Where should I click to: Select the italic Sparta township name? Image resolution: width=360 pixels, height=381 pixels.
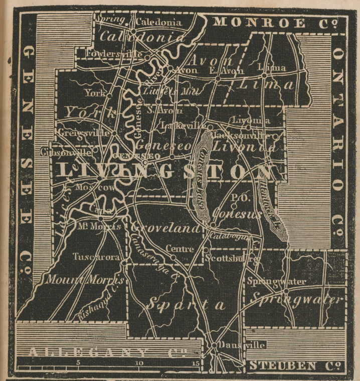tap(184, 304)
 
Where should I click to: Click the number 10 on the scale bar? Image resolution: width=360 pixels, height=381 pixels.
tap(139, 362)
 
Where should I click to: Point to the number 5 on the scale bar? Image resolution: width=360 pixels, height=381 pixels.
tap(78, 362)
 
